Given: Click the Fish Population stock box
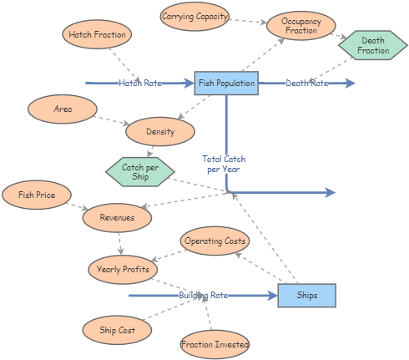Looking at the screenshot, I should click(226, 84).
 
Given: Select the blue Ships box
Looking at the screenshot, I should click(306, 296).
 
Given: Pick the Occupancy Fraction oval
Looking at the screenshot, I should click(300, 26).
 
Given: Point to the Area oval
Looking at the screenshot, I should click(63, 109).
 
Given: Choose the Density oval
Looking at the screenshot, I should click(160, 132).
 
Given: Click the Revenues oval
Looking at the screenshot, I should click(117, 217).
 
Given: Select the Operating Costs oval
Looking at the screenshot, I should click(215, 241).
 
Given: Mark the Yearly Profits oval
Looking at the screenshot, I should click(123, 269).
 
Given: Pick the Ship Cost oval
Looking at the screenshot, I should click(117, 329).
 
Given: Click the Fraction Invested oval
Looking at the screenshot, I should click(215, 343).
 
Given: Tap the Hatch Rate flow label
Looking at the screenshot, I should click(140, 84).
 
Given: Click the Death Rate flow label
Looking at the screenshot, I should click(307, 84).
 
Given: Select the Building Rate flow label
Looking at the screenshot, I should click(203, 296).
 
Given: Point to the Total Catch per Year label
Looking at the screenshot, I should click(223, 164).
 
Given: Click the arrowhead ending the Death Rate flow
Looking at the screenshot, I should click(351, 84).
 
